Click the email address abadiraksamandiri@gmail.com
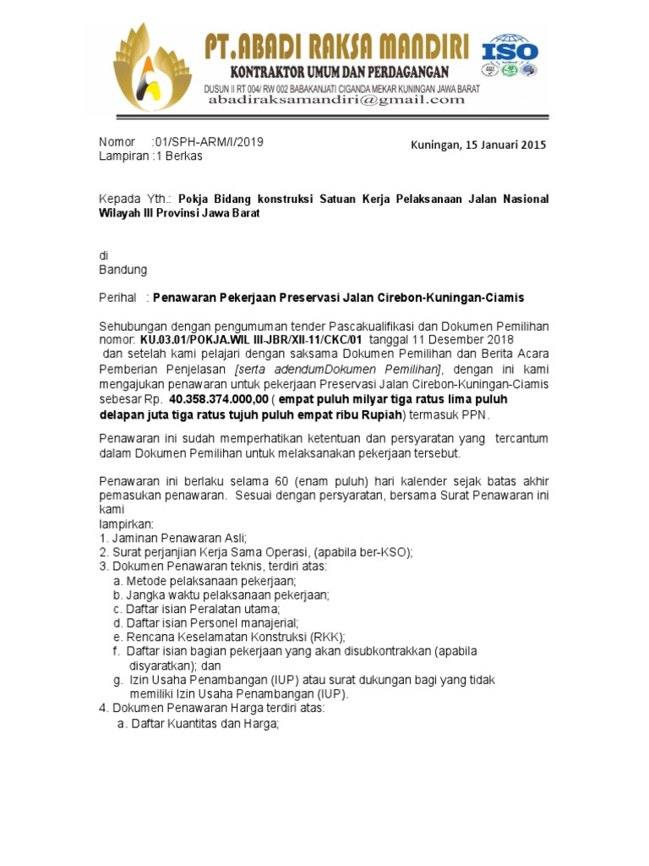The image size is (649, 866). point(336,100)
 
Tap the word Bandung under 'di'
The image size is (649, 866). point(123,270)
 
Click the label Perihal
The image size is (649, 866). point(118,298)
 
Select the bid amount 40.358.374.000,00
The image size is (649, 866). point(219,397)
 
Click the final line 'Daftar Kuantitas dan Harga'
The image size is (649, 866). point(204,724)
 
